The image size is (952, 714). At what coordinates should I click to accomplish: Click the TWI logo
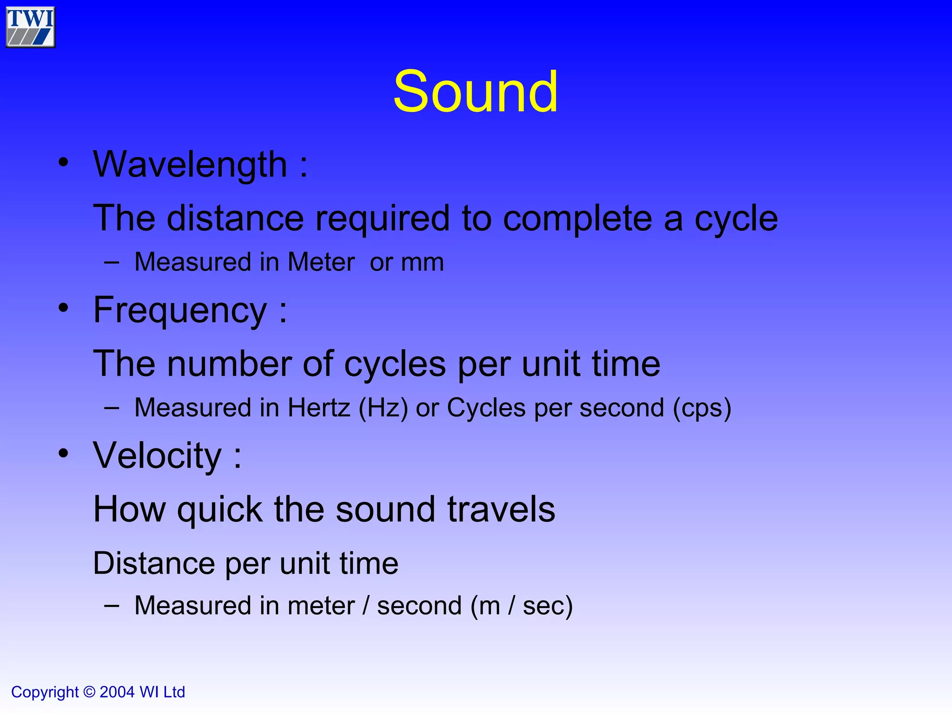(x=31, y=27)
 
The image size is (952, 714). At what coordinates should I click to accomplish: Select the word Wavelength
(x=190, y=165)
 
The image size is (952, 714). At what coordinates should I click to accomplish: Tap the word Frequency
(x=180, y=311)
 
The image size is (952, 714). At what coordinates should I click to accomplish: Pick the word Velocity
(x=158, y=456)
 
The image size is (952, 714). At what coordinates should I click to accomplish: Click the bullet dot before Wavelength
(x=64, y=163)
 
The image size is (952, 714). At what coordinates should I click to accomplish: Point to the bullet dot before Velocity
(x=64, y=454)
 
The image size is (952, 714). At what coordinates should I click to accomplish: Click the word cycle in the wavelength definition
(x=736, y=218)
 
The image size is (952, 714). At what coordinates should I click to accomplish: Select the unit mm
(x=422, y=262)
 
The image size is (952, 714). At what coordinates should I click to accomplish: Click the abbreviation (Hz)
(x=383, y=408)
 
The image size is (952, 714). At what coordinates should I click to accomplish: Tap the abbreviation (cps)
(x=702, y=408)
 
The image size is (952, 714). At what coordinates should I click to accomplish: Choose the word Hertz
(x=318, y=408)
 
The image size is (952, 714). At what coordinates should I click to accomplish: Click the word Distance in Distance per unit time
(x=154, y=563)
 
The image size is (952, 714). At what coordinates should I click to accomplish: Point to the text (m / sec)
(x=521, y=606)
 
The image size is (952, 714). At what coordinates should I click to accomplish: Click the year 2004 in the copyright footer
(x=117, y=692)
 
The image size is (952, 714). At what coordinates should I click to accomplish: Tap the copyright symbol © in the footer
(x=89, y=692)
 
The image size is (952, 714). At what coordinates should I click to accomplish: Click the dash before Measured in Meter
(x=112, y=262)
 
